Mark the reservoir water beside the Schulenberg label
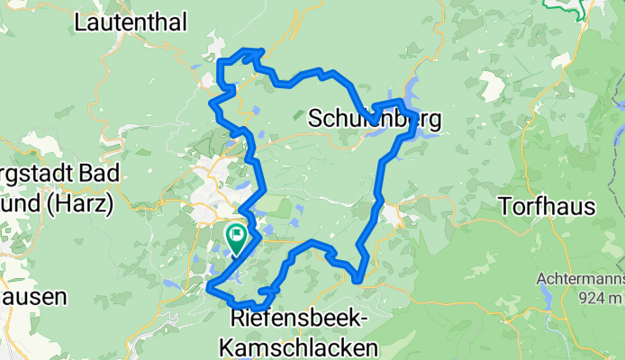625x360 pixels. pos(423,91)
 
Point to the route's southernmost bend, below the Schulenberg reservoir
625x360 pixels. pos(359,279)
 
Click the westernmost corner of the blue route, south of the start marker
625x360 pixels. pos(210,288)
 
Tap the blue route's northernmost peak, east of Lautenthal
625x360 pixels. pos(252,51)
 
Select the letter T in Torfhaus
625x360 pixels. pos(504,207)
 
